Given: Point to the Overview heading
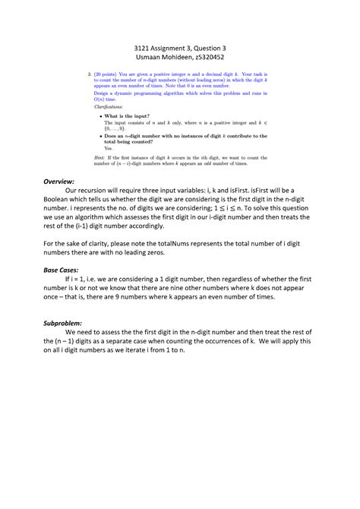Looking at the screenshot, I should coord(58,182).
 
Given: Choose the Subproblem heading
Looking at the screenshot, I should coord(62,322).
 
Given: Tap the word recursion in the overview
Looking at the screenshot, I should coord(94,191).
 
